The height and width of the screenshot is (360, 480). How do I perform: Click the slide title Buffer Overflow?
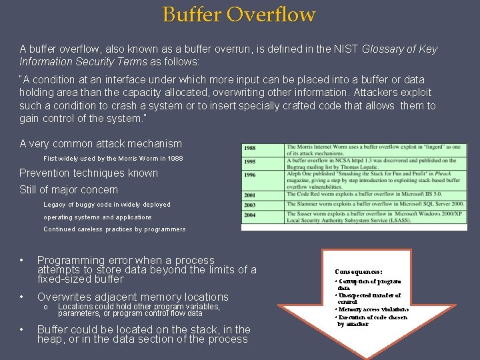pyautogui.click(x=239, y=14)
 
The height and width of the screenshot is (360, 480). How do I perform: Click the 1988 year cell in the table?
pyautogui.click(x=251, y=148)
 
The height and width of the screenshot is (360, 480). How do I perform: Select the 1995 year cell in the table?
pyautogui.click(x=251, y=161)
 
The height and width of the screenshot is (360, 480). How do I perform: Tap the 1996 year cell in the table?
pyautogui.click(x=251, y=175)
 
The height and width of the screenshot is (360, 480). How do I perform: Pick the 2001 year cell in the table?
pyautogui.click(x=251, y=195)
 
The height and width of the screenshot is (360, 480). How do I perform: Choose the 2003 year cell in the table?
pyautogui.click(x=251, y=205)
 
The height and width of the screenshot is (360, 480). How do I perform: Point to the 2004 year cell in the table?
pyautogui.click(x=251, y=215)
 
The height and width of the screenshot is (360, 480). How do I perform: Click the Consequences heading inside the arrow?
pyautogui.click(x=359, y=272)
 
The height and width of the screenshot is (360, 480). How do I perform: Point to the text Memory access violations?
pyautogui.click(x=373, y=309)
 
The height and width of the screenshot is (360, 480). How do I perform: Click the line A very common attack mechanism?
pyautogui.click(x=101, y=143)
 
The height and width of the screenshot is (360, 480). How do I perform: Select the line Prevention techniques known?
pyautogui.click(x=89, y=173)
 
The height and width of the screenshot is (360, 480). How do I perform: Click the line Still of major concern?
pyautogui.click(x=79, y=190)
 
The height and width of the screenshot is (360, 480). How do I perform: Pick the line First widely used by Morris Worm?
pyautogui.click(x=113, y=159)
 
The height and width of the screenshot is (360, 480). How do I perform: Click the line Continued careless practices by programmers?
pyautogui.click(x=114, y=229)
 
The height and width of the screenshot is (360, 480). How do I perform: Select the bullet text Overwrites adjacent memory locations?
pyautogui.click(x=133, y=297)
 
